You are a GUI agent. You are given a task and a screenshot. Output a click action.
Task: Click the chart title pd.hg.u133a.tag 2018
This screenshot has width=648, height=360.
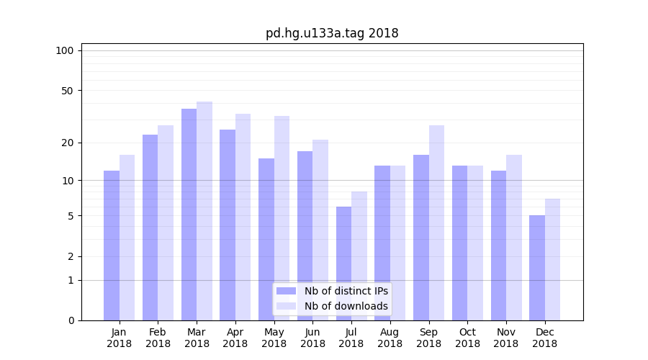pyautogui.click(x=332, y=33)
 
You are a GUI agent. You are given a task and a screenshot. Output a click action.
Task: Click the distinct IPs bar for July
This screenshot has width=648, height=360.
pyautogui.click(x=343, y=264)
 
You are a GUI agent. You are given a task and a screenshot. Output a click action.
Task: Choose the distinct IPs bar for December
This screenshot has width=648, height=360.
pyautogui.click(x=537, y=268)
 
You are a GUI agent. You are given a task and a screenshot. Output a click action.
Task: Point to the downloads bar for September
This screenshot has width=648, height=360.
pyautogui.click(x=436, y=222)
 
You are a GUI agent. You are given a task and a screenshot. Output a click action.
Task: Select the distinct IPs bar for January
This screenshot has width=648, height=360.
pyautogui.click(x=112, y=246)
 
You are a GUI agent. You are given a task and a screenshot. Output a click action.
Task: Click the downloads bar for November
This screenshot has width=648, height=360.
pyautogui.click(x=514, y=238)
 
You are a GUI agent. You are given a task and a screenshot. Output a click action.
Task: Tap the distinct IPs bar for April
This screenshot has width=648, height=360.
pyautogui.click(x=228, y=225)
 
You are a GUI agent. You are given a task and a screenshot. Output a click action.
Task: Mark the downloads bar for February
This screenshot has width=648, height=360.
pyautogui.click(x=166, y=222)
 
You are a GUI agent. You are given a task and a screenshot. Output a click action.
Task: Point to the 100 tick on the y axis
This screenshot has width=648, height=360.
pyautogui.click(x=65, y=50)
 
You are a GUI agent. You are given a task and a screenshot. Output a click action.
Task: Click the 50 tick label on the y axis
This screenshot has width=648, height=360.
pyautogui.click(x=67, y=91)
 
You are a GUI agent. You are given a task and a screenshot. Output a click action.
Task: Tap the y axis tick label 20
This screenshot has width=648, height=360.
pyautogui.click(x=67, y=143)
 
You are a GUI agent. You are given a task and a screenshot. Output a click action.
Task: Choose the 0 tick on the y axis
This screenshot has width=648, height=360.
pyautogui.click(x=70, y=320)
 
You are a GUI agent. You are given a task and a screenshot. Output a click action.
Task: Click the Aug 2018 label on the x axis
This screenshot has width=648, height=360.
pyautogui.click(x=390, y=338)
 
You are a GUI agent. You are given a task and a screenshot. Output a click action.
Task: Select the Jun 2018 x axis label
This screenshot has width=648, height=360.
pyautogui.click(x=312, y=338)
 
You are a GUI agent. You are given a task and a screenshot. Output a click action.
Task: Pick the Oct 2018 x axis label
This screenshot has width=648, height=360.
pyautogui.click(x=467, y=338)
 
